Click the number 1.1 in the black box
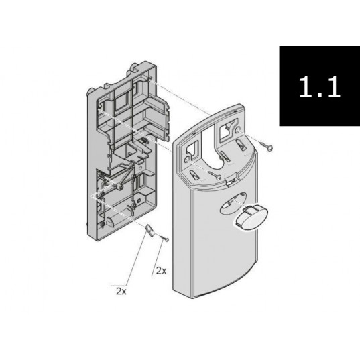(x=320, y=86)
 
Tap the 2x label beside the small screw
(x=161, y=271)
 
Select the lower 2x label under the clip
(x=121, y=291)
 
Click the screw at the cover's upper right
(x=266, y=145)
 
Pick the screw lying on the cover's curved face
(x=215, y=175)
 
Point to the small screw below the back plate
(x=165, y=238)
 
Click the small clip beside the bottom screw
(x=149, y=231)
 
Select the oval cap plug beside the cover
(x=250, y=217)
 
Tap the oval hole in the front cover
(x=233, y=204)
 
